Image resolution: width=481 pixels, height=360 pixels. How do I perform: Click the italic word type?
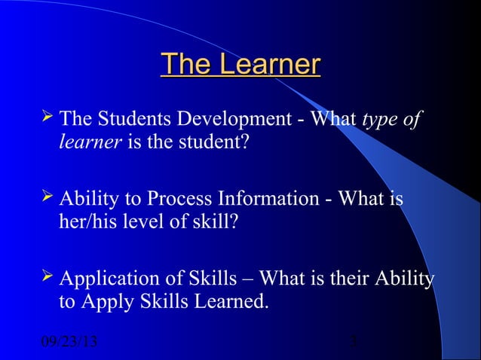point(380,120)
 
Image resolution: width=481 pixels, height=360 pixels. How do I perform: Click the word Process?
point(182,200)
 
